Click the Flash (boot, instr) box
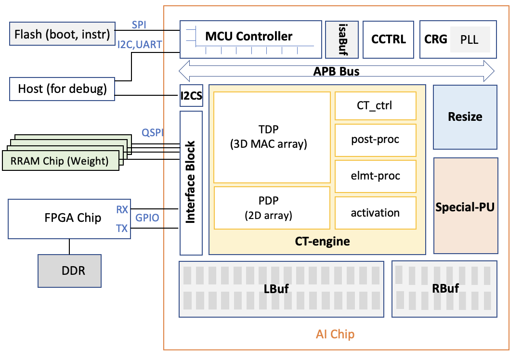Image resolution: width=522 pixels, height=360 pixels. [62, 34]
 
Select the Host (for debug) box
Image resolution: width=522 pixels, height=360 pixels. [62, 89]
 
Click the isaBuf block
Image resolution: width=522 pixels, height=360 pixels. [342, 39]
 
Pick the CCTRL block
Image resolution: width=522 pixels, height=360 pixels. [388, 39]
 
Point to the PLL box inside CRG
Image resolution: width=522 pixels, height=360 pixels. [470, 39]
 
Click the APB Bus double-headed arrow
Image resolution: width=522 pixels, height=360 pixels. [337, 72]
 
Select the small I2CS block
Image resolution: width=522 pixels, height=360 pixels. [191, 96]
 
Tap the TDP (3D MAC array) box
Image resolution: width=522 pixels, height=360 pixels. [272, 137]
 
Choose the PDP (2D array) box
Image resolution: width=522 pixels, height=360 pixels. [272, 207]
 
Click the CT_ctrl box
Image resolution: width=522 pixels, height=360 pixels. [375, 105]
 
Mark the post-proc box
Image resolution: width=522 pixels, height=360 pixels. [375, 140]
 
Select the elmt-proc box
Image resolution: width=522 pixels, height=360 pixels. [375, 176]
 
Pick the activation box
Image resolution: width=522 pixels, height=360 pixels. [375, 212]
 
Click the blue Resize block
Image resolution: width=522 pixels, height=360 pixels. [465, 117]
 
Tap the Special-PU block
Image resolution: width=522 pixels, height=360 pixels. [465, 207]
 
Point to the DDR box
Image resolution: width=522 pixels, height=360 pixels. [70, 270]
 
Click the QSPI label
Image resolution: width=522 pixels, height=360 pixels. [152, 131]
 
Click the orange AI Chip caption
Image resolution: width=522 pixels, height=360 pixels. [335, 334]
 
